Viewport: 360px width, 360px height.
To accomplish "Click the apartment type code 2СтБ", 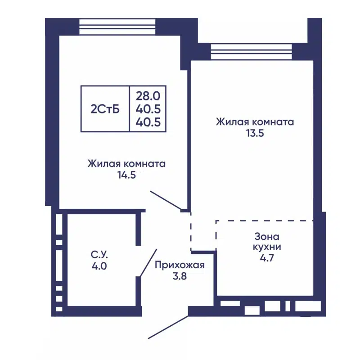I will [105, 109].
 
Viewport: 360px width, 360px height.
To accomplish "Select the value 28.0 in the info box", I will [148, 95].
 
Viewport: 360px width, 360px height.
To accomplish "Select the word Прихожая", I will [180, 265].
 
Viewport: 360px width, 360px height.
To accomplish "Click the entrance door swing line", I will [168, 327].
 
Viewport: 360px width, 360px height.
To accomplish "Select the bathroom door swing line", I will [148, 263].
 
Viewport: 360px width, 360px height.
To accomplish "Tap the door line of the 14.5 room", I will [166, 200].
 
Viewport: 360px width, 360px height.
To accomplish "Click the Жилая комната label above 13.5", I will [255, 122].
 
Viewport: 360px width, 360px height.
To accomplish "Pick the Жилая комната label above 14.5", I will [126, 163].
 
